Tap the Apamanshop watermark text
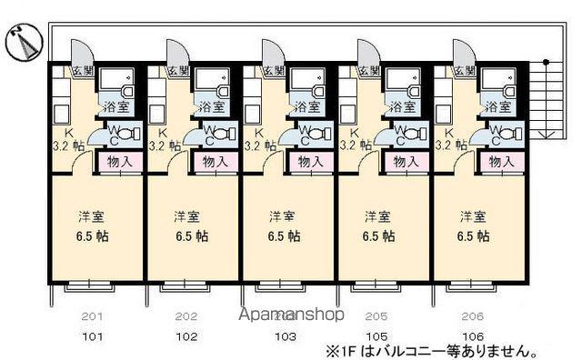click(291, 315)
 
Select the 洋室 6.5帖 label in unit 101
click(89, 226)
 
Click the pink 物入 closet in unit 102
click(215, 163)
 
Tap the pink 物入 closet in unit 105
click(406, 163)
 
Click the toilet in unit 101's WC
click(122, 137)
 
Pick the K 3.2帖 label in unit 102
click(156, 138)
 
